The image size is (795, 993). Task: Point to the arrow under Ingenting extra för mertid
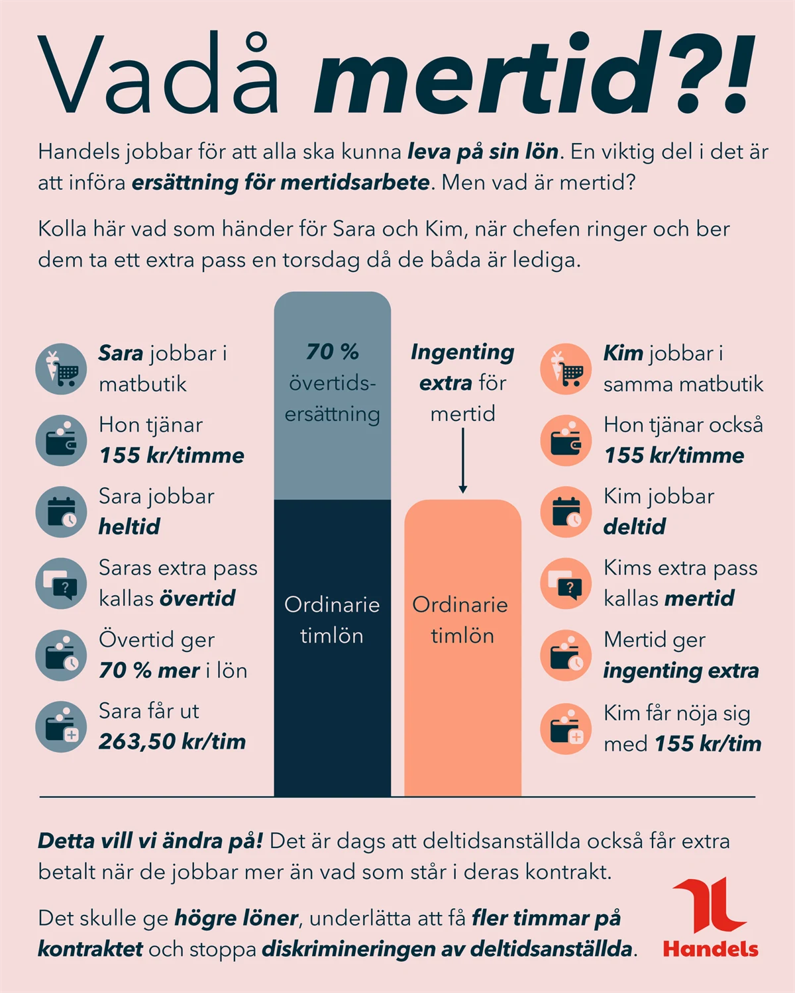pos(462,460)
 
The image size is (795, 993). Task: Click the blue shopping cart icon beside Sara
pos(61,369)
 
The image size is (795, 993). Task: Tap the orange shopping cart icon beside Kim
pos(566,369)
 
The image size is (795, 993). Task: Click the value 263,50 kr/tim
pos(172,741)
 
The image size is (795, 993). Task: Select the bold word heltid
pos(129,527)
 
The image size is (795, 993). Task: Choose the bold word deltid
pos(634,527)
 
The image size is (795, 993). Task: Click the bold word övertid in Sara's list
pos(197,598)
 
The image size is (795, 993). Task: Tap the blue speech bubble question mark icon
pos(61,583)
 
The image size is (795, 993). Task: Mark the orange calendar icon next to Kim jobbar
pos(566,512)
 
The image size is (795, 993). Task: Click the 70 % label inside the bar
pos(332,352)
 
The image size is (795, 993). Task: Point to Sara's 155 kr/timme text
pos(172,455)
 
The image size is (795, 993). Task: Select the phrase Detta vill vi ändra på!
pos(150,841)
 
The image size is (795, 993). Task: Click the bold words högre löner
pos(236,918)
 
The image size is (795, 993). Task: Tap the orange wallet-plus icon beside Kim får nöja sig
pos(566,728)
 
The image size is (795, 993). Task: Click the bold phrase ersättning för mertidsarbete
pos(281,183)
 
